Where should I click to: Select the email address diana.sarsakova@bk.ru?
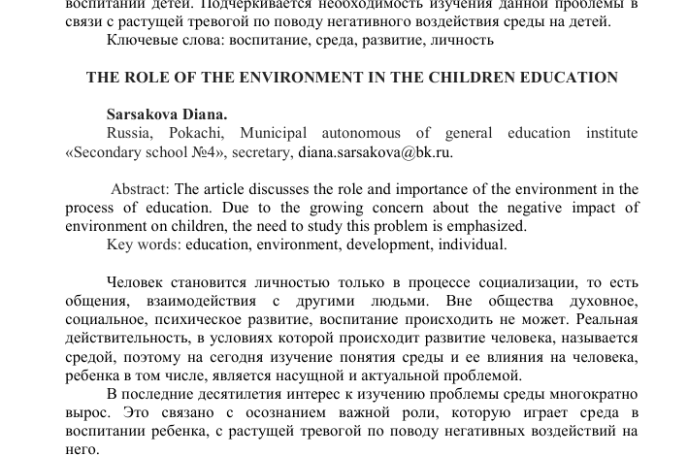(x=375, y=151)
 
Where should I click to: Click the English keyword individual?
(x=473, y=244)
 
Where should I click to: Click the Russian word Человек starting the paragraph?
(x=137, y=282)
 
